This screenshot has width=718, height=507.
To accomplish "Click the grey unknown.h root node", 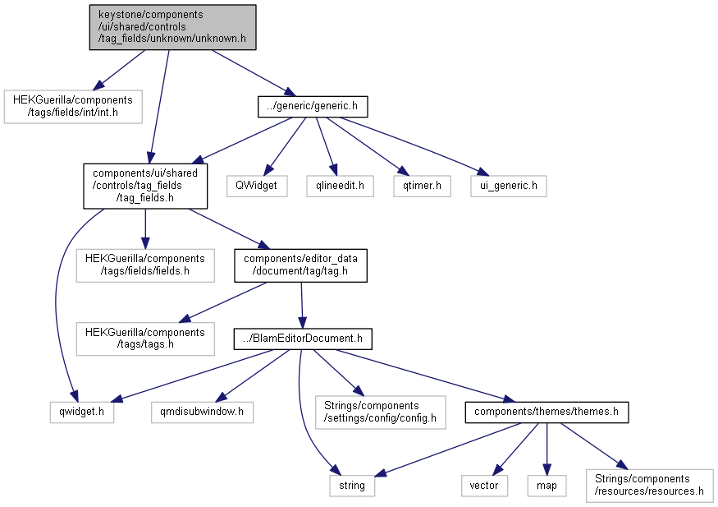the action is [x=172, y=27].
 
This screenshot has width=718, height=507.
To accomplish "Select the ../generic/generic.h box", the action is [x=313, y=106].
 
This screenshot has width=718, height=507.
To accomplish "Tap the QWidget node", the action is [x=257, y=186].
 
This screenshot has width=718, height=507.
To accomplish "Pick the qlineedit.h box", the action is [x=341, y=186].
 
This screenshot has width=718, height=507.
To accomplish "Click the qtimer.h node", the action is [x=423, y=186].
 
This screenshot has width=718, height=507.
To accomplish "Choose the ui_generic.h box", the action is [x=509, y=186].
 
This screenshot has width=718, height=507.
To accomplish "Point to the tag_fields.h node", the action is [x=145, y=186].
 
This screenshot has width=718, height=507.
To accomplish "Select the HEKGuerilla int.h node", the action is [x=73, y=106].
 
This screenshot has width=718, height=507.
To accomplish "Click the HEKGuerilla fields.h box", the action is [x=145, y=265].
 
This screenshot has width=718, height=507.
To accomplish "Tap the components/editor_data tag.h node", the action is [x=301, y=265].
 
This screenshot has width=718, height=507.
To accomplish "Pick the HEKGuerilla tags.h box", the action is [x=145, y=339].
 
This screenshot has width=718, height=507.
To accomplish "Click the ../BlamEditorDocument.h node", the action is [x=303, y=339].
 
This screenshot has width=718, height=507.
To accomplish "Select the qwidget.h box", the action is [x=82, y=413].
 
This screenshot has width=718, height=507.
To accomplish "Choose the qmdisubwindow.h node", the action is [x=203, y=413].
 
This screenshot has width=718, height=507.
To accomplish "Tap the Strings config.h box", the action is [x=381, y=413].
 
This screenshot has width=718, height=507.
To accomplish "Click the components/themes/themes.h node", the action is [x=547, y=413].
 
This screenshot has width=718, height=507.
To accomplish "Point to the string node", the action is [x=352, y=486].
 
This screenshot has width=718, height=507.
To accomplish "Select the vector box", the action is [x=484, y=486].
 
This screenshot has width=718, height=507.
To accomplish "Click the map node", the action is [x=547, y=486].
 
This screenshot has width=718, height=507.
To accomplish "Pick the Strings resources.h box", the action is [x=650, y=486].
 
